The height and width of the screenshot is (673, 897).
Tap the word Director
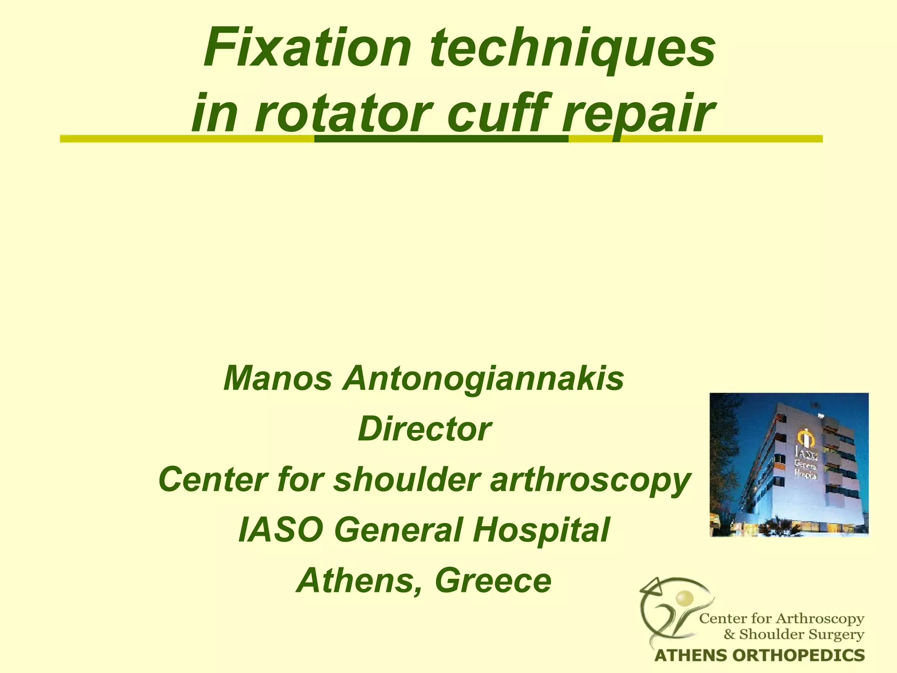[x=424, y=429]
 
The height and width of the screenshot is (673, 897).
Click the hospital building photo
[x=788, y=464]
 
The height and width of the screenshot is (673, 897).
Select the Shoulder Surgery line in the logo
[x=794, y=634]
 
